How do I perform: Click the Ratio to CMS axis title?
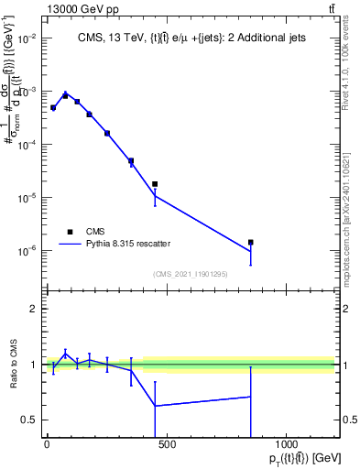coord(14,365)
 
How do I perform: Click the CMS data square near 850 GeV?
coord(250,242)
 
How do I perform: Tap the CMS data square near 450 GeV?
coord(155,184)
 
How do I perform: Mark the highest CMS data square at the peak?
coord(65,95)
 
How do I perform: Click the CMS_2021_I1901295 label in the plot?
coord(190,273)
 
